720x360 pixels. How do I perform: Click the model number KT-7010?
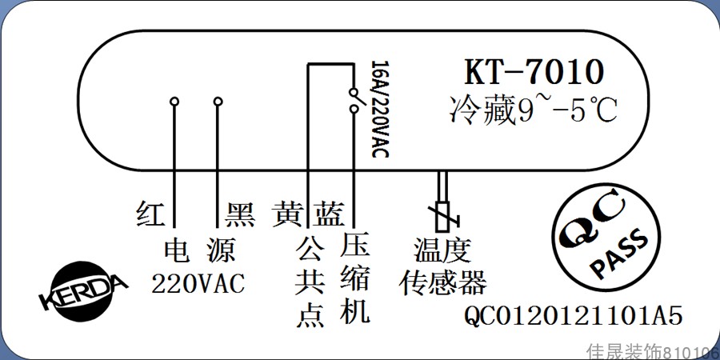(534, 73)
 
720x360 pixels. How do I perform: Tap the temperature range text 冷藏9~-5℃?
(534, 110)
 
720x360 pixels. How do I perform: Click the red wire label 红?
(150, 214)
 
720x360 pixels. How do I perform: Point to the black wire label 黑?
(240, 214)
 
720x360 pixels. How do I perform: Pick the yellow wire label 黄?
(286, 214)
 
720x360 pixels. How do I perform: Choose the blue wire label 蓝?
(328, 214)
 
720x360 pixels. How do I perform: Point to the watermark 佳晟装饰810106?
(652, 351)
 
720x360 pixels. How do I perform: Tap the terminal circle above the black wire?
(218, 102)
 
